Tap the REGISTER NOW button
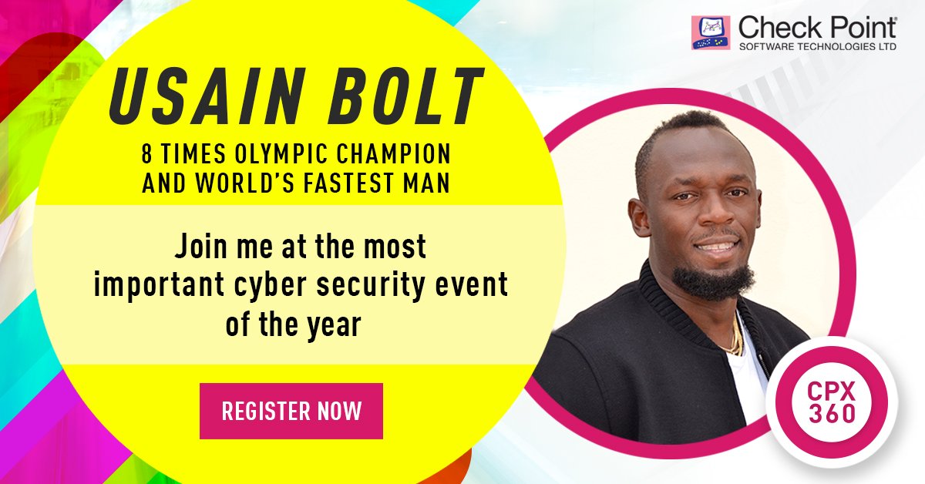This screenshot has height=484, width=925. tap(291, 411)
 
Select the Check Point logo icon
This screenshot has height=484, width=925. tap(711, 33)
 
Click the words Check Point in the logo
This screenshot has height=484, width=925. tap(817, 28)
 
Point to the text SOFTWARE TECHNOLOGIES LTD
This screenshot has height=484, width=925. tap(817, 48)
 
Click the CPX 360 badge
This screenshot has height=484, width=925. tap(832, 401)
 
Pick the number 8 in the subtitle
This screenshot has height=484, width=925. tap(146, 154)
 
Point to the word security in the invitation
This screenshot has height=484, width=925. tap(381, 286)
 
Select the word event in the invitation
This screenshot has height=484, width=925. tap(478, 286)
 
